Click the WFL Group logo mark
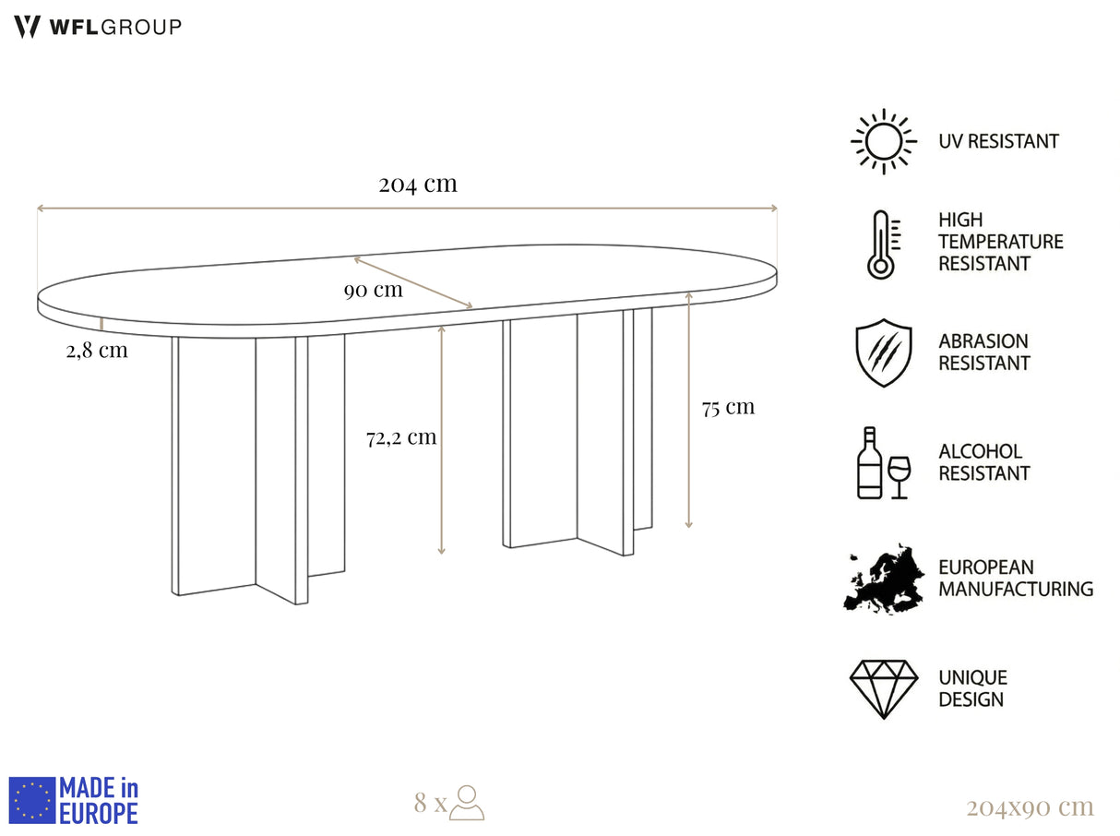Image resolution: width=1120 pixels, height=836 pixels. coord(27,27)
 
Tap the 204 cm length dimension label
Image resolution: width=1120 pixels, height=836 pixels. coord(418,184)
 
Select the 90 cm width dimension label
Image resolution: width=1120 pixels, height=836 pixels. coord(374,291)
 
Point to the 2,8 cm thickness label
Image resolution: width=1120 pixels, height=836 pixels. coord(97,351)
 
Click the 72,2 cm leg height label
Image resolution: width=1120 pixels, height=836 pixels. coord(401,437)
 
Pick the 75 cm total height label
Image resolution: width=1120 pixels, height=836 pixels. coord(728,408)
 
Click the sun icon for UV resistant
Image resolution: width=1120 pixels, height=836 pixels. coord(883,141)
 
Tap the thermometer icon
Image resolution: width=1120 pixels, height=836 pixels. coord(883,245)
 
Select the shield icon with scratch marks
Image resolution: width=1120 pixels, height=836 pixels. coord(883,352)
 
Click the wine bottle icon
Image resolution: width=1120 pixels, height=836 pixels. coord(869,462)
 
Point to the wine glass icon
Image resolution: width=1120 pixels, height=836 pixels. coord(899,477)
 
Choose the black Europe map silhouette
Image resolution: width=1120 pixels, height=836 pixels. coord(883,579)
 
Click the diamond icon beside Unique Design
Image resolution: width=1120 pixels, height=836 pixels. coord(883,689)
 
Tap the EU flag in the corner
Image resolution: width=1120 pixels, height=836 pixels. coord(31,800)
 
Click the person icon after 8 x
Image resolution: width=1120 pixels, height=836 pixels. coord(467,802)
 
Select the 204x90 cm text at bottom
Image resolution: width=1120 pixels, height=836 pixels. coord(1031,807)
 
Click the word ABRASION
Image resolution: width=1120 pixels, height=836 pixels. coord(983,340)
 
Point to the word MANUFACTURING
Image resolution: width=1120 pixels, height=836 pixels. coord(1016,589)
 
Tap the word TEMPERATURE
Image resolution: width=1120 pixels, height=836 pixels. coord(1001,242)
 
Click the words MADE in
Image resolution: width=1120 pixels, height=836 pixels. coord(99,788)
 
